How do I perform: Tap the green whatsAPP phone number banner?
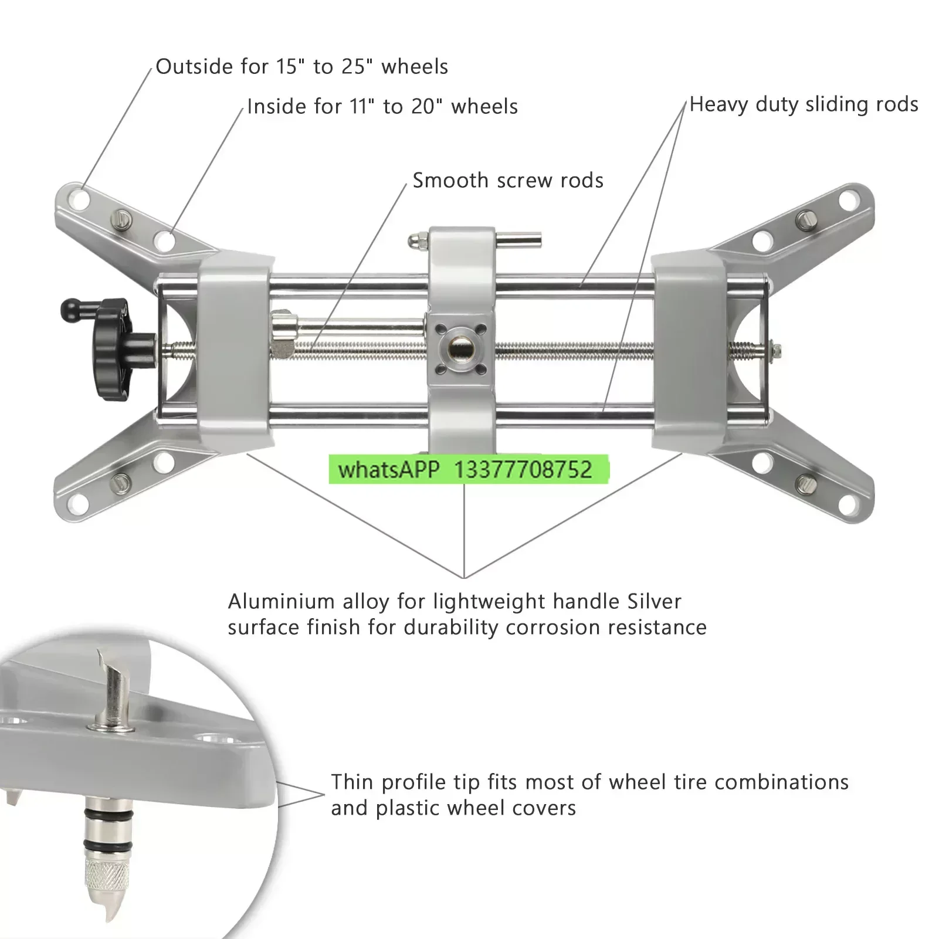[x=469, y=470]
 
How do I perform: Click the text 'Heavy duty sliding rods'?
[x=804, y=104]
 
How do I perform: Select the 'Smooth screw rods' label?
[x=508, y=180]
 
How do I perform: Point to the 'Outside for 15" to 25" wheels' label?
[x=302, y=66]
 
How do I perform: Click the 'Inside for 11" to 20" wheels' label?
[x=382, y=107]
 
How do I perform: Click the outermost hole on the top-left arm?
[x=79, y=199]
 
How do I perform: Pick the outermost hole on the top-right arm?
[x=849, y=200]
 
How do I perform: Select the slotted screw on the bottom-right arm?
[x=805, y=484]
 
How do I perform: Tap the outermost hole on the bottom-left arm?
[x=78, y=503]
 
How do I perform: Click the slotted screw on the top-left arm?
[x=122, y=219]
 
